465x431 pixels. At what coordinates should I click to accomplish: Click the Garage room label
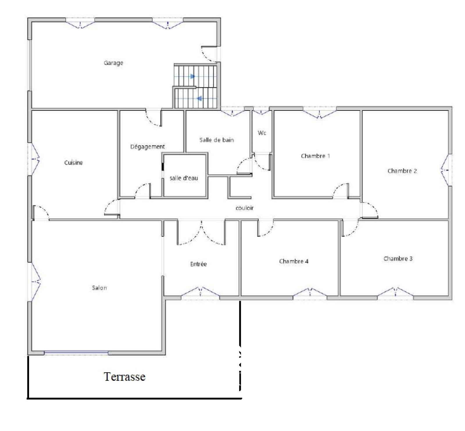point(113,63)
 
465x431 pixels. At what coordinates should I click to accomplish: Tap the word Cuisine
point(73,162)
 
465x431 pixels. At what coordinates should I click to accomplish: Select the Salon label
point(99,288)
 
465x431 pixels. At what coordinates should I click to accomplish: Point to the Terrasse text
point(124,376)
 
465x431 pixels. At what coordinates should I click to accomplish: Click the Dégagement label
point(147,146)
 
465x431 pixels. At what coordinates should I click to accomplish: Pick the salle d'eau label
point(184,178)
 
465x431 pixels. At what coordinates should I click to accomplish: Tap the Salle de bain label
point(217,140)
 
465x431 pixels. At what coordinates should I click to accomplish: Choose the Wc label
point(262,133)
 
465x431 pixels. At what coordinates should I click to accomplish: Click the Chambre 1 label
point(315,156)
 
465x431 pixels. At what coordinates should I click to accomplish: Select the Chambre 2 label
point(402,171)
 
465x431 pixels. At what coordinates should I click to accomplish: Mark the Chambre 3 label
point(398,258)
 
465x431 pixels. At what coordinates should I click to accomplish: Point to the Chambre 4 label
point(294,261)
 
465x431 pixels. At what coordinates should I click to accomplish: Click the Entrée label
point(198,264)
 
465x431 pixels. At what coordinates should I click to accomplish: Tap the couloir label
point(244,208)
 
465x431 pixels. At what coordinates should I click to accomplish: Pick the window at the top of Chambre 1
point(319,113)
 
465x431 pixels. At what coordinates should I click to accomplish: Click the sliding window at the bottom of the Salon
point(76,353)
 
